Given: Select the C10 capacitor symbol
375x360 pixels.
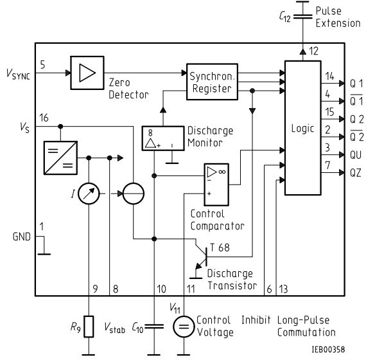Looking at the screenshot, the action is tap(154, 327).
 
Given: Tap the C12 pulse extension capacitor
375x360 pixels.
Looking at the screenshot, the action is tap(303, 17).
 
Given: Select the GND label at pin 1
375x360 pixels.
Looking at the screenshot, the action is tap(22, 237).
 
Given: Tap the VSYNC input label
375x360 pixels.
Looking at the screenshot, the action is tap(18, 74).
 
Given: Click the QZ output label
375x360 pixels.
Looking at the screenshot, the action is tap(355, 173).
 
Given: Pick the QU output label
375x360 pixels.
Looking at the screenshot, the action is tap(356, 155).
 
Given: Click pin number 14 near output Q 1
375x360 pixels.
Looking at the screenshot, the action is tap(329, 76).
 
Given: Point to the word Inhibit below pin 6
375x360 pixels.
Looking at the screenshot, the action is tap(256, 320).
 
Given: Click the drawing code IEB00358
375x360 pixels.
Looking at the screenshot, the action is tap(328, 349).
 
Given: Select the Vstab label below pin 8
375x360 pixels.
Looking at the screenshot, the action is tap(114, 327).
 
